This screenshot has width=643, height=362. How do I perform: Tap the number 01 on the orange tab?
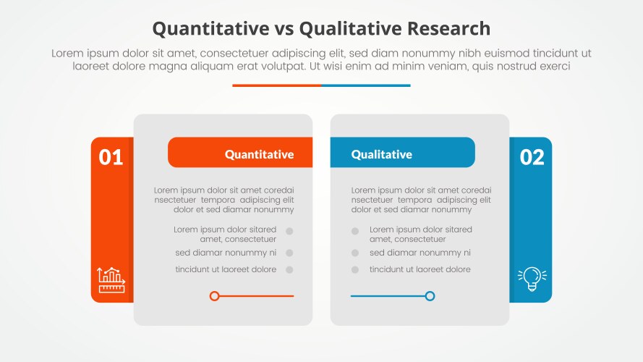(x=111, y=157)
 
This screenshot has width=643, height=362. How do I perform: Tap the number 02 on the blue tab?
(x=532, y=157)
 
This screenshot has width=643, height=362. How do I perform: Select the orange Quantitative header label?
(x=259, y=154)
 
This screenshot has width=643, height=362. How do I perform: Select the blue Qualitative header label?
(x=381, y=154)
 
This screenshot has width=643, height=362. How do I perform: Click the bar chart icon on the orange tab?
(x=111, y=279)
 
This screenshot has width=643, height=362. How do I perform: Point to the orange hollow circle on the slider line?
(x=214, y=296)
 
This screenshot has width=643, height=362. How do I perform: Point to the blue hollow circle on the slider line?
(x=430, y=296)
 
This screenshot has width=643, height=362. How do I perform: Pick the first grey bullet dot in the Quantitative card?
(x=289, y=232)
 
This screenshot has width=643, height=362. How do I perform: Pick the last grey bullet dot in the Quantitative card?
(x=289, y=270)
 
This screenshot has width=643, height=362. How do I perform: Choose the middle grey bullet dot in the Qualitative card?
(x=355, y=253)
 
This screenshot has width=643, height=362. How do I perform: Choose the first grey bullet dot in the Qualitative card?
(x=355, y=232)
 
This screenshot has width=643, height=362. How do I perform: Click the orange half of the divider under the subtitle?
(x=276, y=85)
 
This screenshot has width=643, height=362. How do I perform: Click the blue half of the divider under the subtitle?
(x=366, y=85)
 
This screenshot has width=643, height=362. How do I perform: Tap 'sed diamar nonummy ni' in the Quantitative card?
(x=226, y=253)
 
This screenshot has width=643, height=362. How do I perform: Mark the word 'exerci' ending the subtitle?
(x=553, y=66)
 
